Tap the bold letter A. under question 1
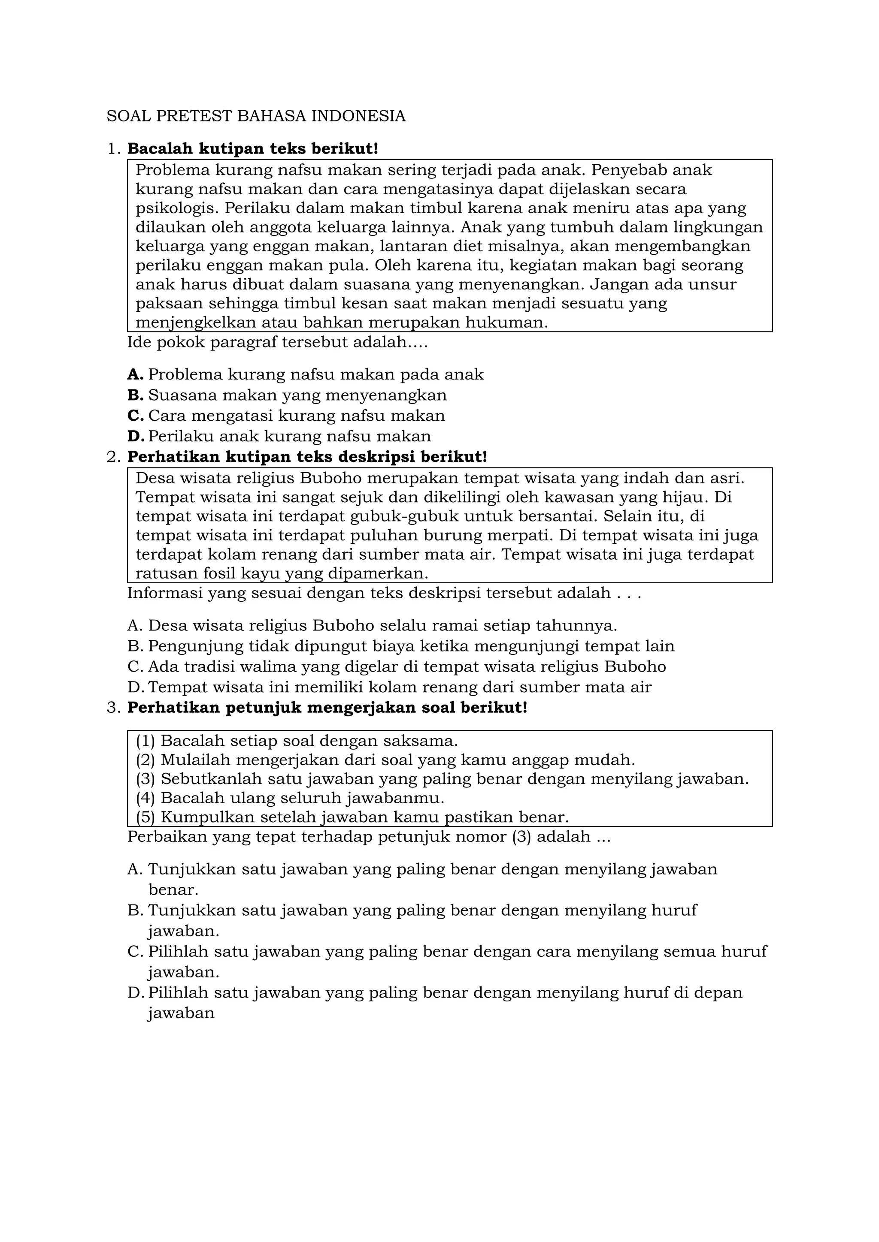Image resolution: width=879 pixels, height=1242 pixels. point(135,374)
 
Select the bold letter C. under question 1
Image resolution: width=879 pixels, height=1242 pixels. point(135,416)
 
